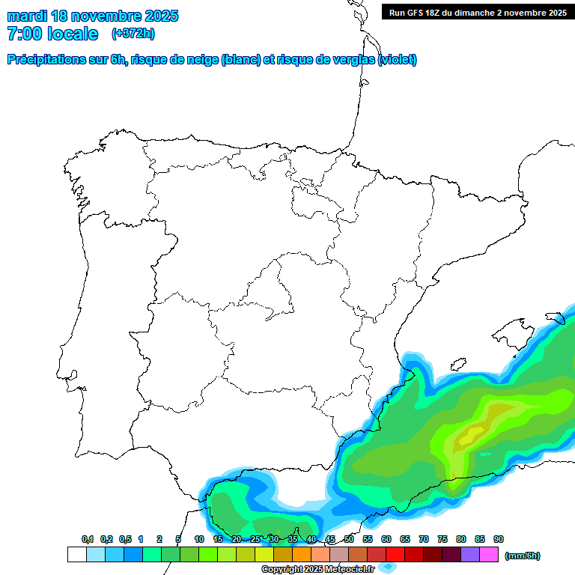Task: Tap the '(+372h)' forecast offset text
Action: [133, 33]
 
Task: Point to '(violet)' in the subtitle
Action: [398, 60]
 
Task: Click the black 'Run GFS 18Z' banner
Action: [477, 12]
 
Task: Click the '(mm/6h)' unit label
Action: [522, 556]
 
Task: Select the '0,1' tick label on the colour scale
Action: [87, 539]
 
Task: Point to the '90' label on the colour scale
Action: [499, 539]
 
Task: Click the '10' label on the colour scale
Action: [199, 539]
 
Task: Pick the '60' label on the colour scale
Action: [386, 539]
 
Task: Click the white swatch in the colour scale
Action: [76, 555]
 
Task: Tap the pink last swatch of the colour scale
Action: [489, 555]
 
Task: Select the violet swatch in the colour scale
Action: [470, 555]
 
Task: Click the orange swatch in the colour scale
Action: [302, 555]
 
